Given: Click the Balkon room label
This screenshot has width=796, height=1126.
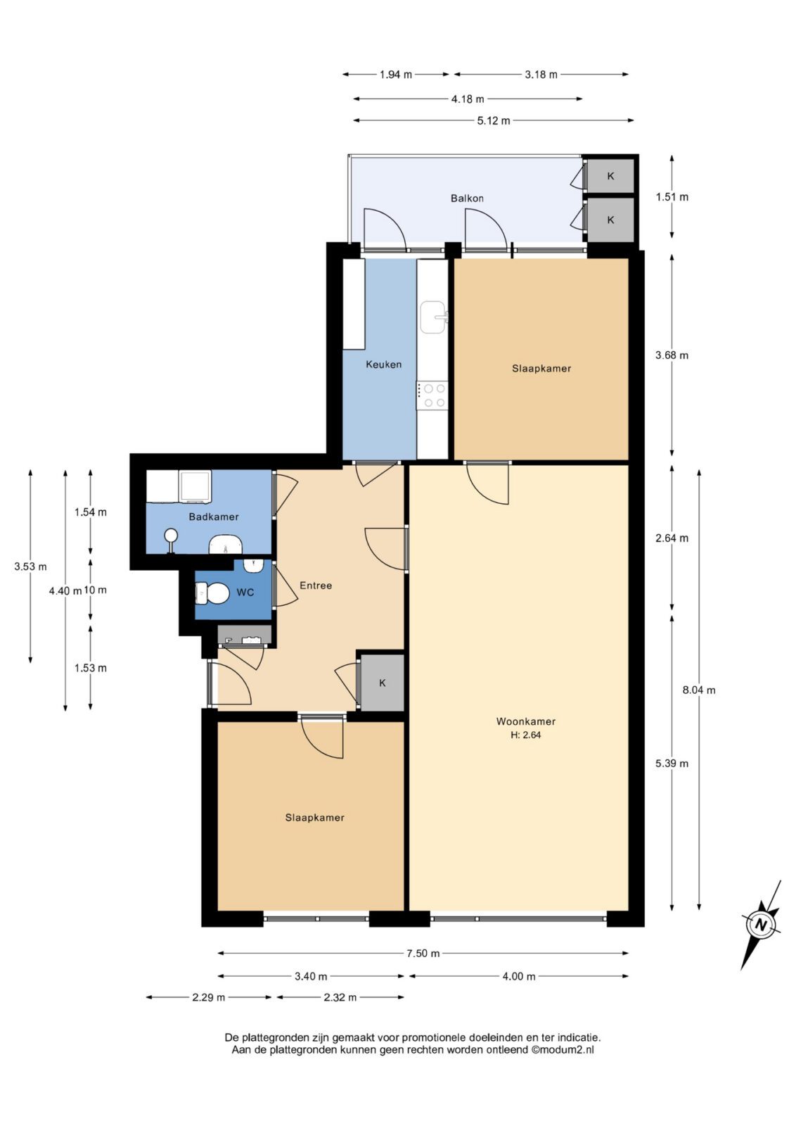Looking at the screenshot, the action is tap(466, 198).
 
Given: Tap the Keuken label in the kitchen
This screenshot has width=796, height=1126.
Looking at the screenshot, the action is tap(384, 364).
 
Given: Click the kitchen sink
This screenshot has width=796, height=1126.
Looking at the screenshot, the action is tap(433, 317).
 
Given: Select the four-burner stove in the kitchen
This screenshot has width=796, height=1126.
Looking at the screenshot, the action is tap(432, 395).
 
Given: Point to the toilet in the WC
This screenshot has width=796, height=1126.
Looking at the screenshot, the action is tap(210, 593).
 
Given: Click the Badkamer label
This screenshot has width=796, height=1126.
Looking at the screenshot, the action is tap(214, 517).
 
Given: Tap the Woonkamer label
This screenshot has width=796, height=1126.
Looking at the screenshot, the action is tap(525, 721).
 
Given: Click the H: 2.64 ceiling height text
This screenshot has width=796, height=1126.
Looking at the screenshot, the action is tap(525, 735).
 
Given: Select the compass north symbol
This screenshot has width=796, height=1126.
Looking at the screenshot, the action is tap(762, 924).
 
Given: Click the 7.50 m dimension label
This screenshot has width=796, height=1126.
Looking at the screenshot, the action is tap(423, 953).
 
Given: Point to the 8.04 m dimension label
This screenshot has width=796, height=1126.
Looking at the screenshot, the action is tap(698, 690).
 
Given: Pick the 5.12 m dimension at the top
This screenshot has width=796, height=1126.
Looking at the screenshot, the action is tap(494, 120).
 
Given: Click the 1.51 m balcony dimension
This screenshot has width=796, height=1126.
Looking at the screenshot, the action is tap(672, 196).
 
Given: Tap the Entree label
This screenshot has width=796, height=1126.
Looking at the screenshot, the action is tap(316, 585).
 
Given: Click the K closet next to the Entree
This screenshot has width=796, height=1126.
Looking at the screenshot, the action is tap(383, 683).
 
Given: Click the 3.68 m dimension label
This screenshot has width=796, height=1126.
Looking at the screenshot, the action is tap(672, 355).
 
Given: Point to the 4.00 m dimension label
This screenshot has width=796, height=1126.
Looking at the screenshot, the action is tap(519, 976).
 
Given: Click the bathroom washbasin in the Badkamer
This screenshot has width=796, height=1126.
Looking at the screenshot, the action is tap(225, 544).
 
